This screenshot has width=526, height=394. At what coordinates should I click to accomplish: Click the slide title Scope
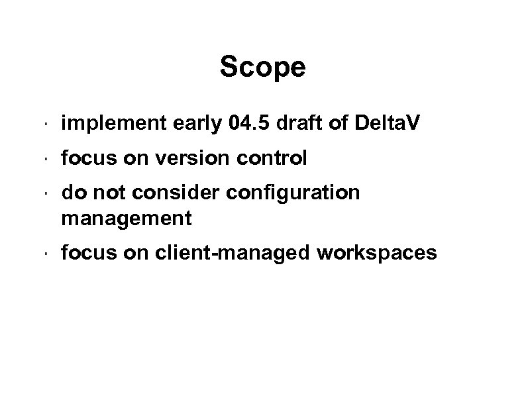[x=262, y=67]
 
